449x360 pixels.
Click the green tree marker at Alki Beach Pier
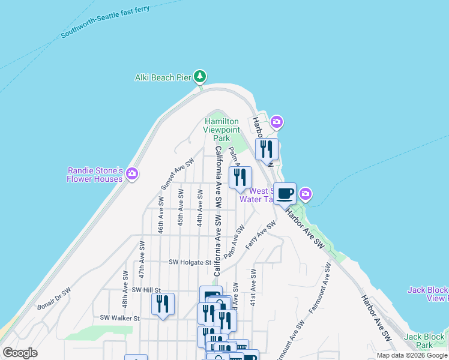pyautogui.click(x=200, y=77)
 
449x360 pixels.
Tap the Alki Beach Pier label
pyautogui.click(x=162, y=77)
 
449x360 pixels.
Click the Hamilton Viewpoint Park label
pyautogui.click(x=222, y=130)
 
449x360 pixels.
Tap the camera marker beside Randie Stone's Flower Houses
pyautogui.click(x=132, y=174)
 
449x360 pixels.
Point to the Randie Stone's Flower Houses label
pyautogui.click(x=95, y=175)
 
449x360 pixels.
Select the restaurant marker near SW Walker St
pyautogui.click(x=163, y=304)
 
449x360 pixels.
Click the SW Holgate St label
pyautogui.click(x=190, y=262)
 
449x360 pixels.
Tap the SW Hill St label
pyautogui.click(x=146, y=289)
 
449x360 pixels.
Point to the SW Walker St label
pyautogui.click(x=119, y=318)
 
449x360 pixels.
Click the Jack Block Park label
pyautogui.click(x=426, y=341)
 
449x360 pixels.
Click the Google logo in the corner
pyautogui.click(x=20, y=353)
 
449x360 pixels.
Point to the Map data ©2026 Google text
pyautogui.click(x=412, y=355)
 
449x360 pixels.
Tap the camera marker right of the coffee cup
pyautogui.click(x=306, y=194)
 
